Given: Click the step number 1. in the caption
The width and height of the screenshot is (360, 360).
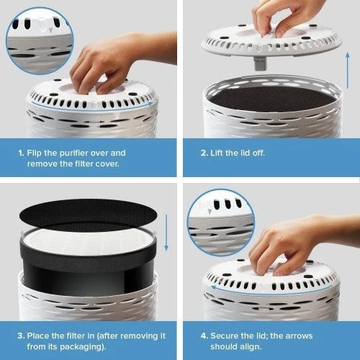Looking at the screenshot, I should tap(22, 153).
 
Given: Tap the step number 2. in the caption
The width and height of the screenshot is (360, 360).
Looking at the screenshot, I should tap(205, 153).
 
